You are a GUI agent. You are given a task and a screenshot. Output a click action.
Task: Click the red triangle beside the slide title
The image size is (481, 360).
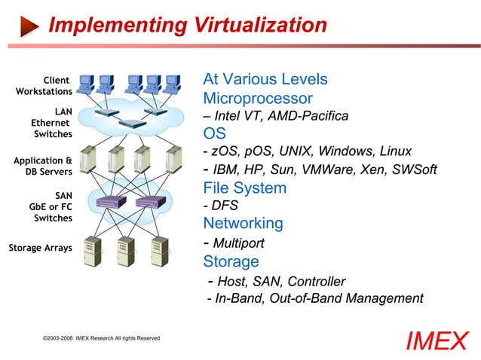[29, 26]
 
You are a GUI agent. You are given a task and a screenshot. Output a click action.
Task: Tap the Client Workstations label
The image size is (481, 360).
[44, 86]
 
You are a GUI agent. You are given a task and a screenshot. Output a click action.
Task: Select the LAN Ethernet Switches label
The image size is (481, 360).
[51, 123]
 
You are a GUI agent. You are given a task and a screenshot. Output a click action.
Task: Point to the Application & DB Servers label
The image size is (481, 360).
[44, 166]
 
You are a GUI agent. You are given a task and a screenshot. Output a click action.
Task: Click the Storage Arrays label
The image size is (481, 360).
[40, 248]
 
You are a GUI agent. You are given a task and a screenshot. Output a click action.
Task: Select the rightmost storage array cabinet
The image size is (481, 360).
[160, 252]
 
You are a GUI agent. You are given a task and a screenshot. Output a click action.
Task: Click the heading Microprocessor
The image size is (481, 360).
[258, 99]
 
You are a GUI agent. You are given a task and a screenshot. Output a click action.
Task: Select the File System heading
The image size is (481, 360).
[245, 188]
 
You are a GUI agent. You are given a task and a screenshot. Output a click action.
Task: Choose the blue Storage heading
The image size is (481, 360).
[231, 261]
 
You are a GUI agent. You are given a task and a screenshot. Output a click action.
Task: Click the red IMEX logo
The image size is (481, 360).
[437, 341]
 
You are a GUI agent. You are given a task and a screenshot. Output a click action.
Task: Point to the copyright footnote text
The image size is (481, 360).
[101, 338]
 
